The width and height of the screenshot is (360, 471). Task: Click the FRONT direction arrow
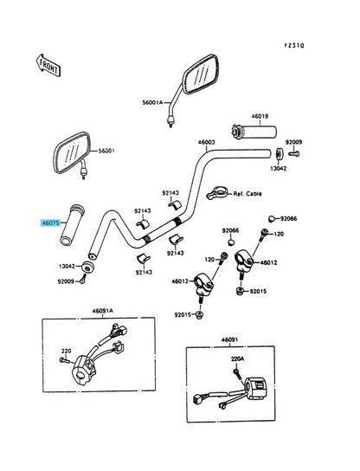pyautogui.click(x=48, y=65)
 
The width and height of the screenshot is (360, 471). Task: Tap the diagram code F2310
pyautogui.click(x=294, y=46)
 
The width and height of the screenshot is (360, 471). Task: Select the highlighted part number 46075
pyautogui.click(x=50, y=223)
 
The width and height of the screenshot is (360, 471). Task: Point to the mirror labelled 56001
pyautogui.click(x=72, y=153)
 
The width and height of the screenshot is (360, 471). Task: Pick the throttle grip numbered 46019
pyautogui.click(x=254, y=132)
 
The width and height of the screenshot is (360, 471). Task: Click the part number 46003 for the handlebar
pyautogui.click(x=206, y=142)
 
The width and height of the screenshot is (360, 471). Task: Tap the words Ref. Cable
pyautogui.click(x=247, y=194)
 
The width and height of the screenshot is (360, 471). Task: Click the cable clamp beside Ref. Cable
pyautogui.click(x=217, y=192)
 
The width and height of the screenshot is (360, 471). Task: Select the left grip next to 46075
pyautogui.click(x=73, y=225)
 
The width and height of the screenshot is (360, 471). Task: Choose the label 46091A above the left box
pyautogui.click(x=102, y=311)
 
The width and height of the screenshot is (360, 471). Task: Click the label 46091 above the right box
pyautogui.click(x=229, y=339)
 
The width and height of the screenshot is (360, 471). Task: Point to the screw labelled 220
pyautogui.click(x=64, y=359)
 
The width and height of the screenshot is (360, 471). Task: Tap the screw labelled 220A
pyautogui.click(x=237, y=373)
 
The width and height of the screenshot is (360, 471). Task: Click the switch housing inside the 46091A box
pyautogui.click(x=83, y=370)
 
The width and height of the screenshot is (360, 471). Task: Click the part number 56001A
pyautogui.click(x=152, y=102)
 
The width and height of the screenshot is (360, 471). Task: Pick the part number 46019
pyautogui.click(x=260, y=116)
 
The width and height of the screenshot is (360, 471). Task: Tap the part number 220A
pyautogui.click(x=237, y=358)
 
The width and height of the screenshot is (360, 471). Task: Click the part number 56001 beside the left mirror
pyautogui.click(x=106, y=151)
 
